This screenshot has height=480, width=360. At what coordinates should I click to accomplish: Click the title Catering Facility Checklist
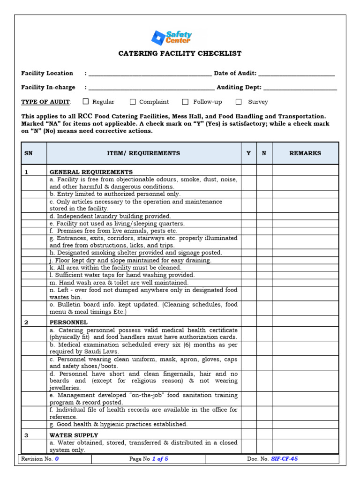(x=180, y=53)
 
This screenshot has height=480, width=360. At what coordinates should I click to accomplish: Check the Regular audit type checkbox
(x=86, y=101)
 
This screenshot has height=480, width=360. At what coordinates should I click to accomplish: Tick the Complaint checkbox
(x=133, y=101)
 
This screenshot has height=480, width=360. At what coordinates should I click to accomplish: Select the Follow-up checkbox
(x=185, y=101)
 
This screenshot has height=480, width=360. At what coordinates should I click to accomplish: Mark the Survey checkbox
(x=239, y=101)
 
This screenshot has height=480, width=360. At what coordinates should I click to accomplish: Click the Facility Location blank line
(x=150, y=74)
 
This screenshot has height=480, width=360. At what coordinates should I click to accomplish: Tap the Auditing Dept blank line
(x=300, y=88)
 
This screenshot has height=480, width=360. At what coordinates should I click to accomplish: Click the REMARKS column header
(x=305, y=153)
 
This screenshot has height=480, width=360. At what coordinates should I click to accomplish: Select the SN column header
(x=29, y=153)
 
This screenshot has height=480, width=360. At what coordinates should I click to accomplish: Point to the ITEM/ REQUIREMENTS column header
(x=143, y=153)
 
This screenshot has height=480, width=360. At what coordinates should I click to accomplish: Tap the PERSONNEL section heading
(x=68, y=322)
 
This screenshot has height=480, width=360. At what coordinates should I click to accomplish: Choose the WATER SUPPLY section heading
(x=74, y=435)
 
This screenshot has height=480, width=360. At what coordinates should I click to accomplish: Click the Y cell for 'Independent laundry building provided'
(x=248, y=216)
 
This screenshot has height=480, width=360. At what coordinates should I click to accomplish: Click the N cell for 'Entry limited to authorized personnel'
(x=264, y=194)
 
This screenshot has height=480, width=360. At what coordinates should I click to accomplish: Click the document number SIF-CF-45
(x=284, y=459)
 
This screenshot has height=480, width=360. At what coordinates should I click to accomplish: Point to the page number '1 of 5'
(x=160, y=459)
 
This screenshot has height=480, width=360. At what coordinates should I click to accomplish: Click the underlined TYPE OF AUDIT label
(x=45, y=102)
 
